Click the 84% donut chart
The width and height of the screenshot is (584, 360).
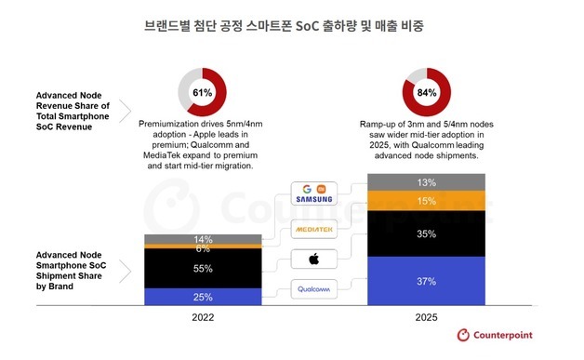[427, 93]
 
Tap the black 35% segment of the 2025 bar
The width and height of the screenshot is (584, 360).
[427, 234]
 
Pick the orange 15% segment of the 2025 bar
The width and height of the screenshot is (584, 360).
[427, 201]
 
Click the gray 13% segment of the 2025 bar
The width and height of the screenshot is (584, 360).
[427, 182]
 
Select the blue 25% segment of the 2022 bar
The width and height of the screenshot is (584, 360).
[203, 297]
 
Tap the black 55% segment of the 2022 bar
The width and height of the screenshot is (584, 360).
[203, 268]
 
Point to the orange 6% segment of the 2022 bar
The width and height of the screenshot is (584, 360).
[203, 249]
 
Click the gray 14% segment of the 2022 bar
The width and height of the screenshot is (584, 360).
[203, 240]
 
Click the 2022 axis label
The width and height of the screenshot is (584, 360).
[203, 317]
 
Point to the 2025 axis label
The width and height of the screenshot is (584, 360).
[427, 317]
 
